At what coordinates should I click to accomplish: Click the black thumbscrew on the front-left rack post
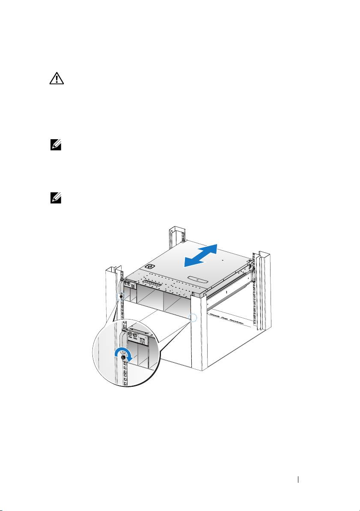coord(121,296)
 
